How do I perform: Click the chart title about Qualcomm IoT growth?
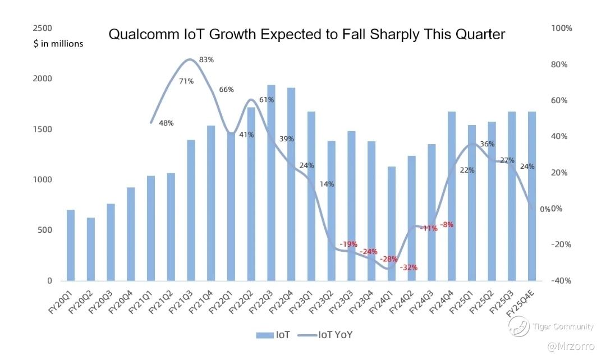pyautogui.click(x=306, y=35)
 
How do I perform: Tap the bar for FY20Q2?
pyautogui.click(x=90, y=249)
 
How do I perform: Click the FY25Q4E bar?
pyautogui.click(x=532, y=196)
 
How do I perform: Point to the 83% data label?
pyautogui.click(x=206, y=60)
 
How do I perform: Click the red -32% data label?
pyautogui.click(x=409, y=267)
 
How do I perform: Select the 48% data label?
pyautogui.click(x=166, y=123)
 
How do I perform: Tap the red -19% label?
pyautogui.click(x=348, y=244)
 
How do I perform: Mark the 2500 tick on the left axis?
pyautogui.click(x=43, y=28)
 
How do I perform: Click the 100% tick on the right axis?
pyautogui.click(x=561, y=28)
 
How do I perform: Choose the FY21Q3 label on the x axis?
pyautogui.click(x=181, y=298)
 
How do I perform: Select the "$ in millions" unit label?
pyautogui.click(x=58, y=44)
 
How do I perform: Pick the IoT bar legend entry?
pyautogui.click(x=273, y=335)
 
